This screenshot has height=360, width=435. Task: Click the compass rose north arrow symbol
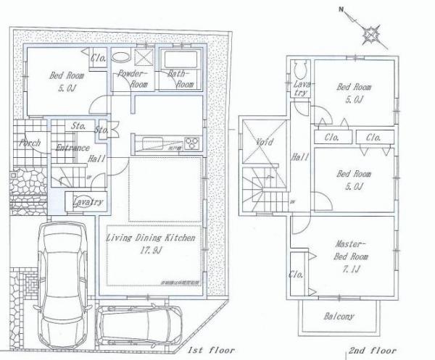(372, 31)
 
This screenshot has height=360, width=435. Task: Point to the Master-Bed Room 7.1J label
(352, 251)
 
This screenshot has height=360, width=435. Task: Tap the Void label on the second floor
(265, 142)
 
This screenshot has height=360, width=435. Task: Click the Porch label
(30, 143)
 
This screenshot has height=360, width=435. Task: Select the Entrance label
(72, 148)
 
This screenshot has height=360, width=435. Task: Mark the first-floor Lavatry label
(88, 202)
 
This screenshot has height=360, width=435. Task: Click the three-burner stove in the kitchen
(192, 141)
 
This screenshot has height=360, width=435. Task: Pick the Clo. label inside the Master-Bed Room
(296, 275)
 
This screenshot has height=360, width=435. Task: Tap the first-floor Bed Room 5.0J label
(67, 80)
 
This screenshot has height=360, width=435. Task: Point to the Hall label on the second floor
(298, 156)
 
